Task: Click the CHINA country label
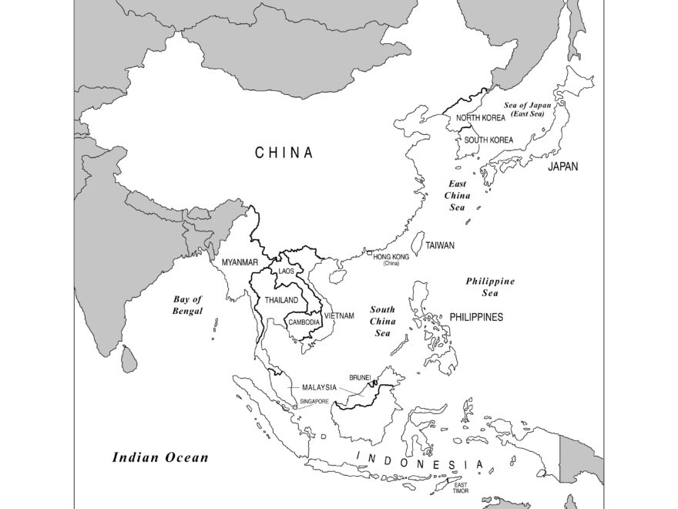tap(284, 153)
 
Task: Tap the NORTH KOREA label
tap(481, 118)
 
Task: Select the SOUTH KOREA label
tap(488, 140)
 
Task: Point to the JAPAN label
tap(563, 166)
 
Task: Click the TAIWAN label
tap(440, 245)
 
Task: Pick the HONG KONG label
tap(391, 256)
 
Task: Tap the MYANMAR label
tap(240, 262)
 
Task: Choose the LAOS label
tap(287, 271)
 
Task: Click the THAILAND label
tap(282, 299)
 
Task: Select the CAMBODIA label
tap(304, 322)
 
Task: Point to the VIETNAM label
tap(339, 315)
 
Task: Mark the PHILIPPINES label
tap(476, 317)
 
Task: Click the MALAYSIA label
tap(319, 387)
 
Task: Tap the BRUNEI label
tap(361, 377)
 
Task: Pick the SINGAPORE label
tap(314, 402)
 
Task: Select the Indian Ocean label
tap(160, 457)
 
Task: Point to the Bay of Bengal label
tap(187, 305)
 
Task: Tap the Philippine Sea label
tap(490, 287)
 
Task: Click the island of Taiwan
tap(420, 243)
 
